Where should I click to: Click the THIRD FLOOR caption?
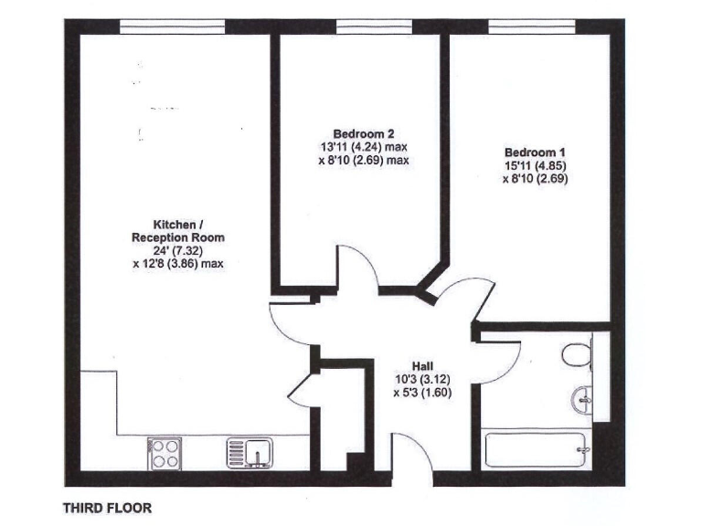pyautogui.click(x=107, y=507)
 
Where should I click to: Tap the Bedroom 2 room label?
pyautogui.click(x=358, y=132)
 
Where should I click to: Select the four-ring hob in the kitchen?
pyautogui.click(x=165, y=453)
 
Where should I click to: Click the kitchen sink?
pyautogui.click(x=250, y=453)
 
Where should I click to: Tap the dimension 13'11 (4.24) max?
pyautogui.click(x=358, y=146)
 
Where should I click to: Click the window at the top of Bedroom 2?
pyautogui.click(x=359, y=25)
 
